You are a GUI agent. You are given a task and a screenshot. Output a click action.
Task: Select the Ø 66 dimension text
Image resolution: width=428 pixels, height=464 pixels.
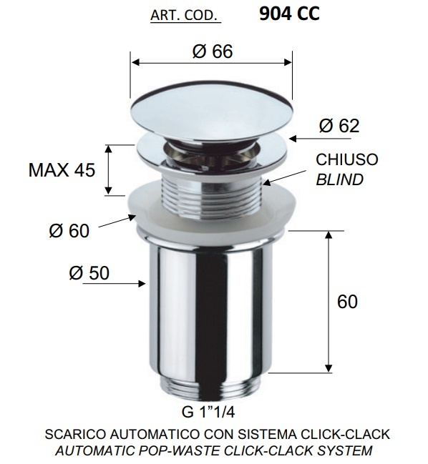tap(213, 51)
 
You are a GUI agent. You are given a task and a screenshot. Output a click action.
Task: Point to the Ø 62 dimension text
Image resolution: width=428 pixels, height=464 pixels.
tap(339, 126)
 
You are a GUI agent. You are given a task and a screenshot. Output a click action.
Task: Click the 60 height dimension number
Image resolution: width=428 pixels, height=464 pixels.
tap(347, 301)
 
